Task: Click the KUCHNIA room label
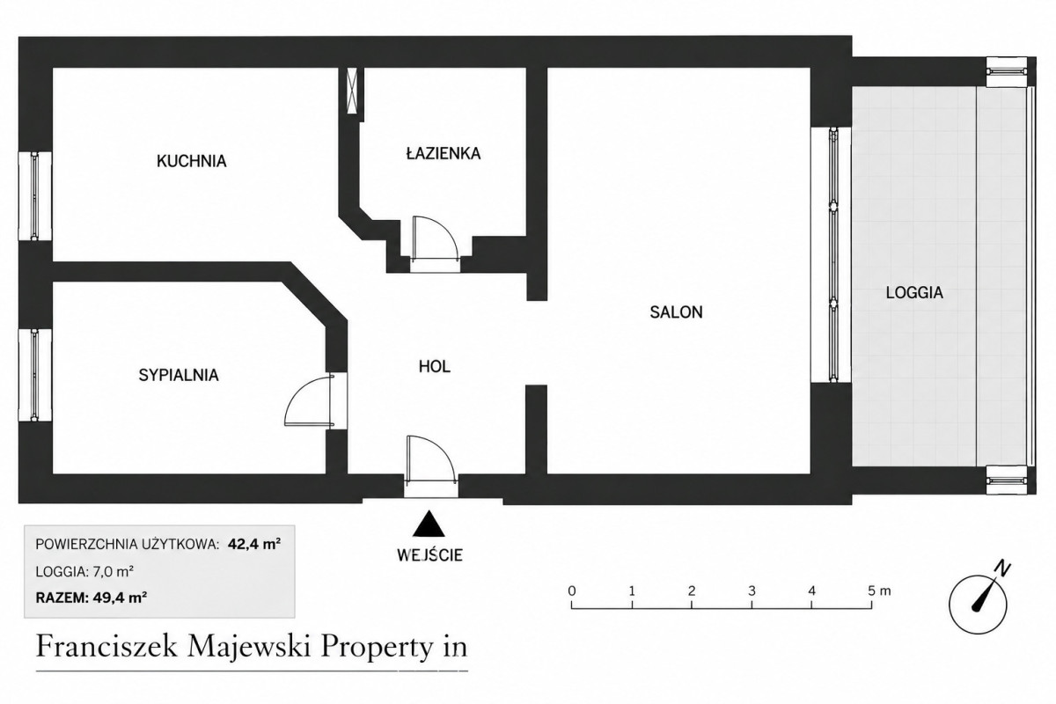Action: (192, 161)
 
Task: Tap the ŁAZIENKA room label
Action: (444, 153)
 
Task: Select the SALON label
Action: (676, 312)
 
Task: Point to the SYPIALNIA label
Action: (179, 376)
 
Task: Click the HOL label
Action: (435, 367)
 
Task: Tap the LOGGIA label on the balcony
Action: (914, 293)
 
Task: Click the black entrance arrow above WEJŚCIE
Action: (429, 524)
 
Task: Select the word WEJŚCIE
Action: (429, 555)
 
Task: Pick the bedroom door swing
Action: (309, 400)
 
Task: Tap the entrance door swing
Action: (431, 458)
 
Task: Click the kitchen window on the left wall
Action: (35, 196)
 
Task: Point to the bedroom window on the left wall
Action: (35, 375)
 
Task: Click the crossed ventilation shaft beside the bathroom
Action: (352, 91)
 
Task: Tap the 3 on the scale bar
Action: (752, 590)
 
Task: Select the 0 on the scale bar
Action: (572, 590)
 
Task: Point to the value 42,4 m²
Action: (254, 545)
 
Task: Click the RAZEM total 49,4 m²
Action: (92, 598)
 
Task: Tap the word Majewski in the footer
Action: (250, 647)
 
